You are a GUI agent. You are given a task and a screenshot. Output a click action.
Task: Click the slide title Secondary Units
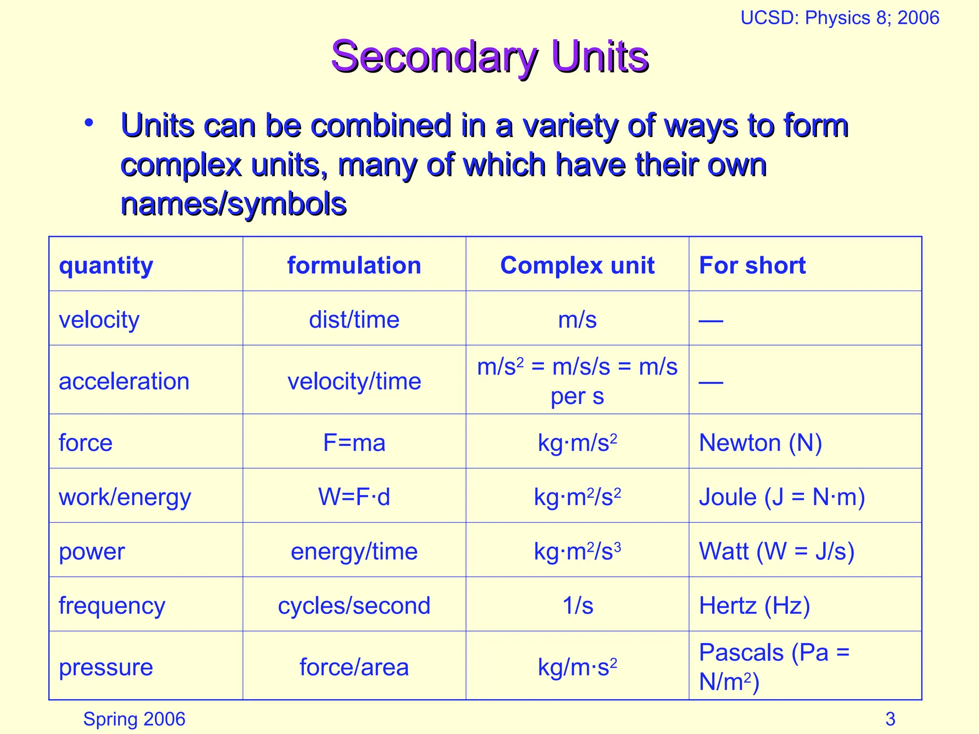click(x=489, y=56)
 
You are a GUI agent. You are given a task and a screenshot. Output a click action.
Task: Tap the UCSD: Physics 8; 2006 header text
click(x=839, y=18)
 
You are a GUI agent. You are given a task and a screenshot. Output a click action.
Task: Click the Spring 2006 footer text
click(x=134, y=719)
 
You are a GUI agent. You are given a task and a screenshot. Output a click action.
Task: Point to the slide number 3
click(x=890, y=719)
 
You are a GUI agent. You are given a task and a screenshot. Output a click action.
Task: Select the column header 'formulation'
click(x=354, y=265)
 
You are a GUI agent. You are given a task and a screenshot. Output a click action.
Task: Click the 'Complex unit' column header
click(x=577, y=265)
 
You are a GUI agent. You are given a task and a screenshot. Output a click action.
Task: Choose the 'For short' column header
click(x=752, y=265)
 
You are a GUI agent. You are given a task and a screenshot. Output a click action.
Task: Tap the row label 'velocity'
click(x=99, y=320)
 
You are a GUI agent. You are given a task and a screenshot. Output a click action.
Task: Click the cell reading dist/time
click(x=354, y=320)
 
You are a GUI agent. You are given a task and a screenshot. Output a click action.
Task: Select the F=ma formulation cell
click(x=354, y=443)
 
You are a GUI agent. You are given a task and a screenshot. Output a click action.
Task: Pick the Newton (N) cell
click(x=760, y=443)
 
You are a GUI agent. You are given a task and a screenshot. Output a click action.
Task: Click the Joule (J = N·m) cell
click(x=782, y=497)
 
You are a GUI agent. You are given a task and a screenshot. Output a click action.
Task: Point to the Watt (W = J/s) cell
click(x=776, y=551)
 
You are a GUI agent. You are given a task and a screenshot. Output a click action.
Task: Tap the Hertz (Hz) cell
click(x=754, y=605)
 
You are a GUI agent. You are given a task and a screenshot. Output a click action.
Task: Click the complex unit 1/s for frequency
click(x=577, y=605)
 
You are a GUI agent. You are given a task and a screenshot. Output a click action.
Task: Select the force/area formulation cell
click(x=354, y=667)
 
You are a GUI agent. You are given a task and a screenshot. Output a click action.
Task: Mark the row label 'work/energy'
click(x=125, y=497)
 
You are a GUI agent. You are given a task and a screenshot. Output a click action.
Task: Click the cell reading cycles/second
click(x=354, y=605)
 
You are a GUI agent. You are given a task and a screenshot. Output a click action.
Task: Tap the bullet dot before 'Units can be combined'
click(x=88, y=123)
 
